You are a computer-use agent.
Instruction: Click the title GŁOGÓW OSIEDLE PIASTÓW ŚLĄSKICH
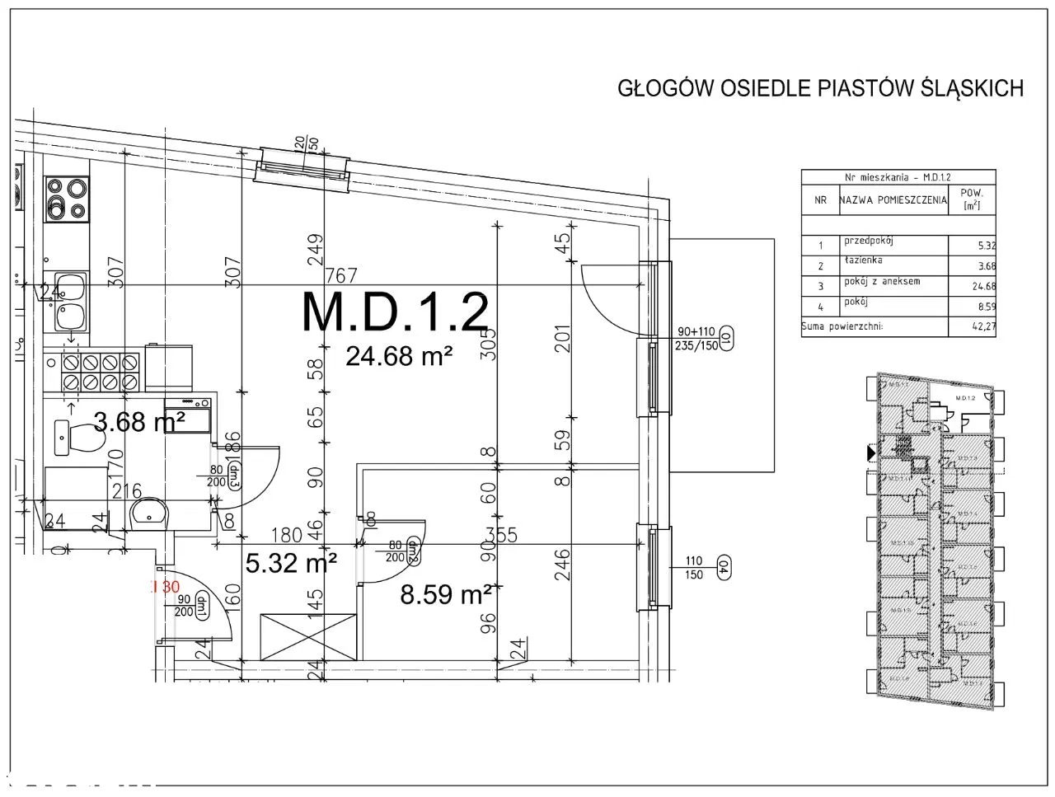[x=820, y=89]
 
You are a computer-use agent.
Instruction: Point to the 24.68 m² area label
[x=399, y=356]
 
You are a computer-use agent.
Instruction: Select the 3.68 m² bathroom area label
[x=139, y=423]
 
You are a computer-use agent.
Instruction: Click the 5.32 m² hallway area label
[x=291, y=563]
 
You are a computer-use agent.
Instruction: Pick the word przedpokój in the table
[x=869, y=241]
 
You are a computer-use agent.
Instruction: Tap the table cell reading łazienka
[x=863, y=260]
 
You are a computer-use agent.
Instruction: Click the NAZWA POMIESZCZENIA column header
[x=893, y=200]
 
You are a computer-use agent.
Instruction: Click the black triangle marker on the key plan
[x=871, y=452]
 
